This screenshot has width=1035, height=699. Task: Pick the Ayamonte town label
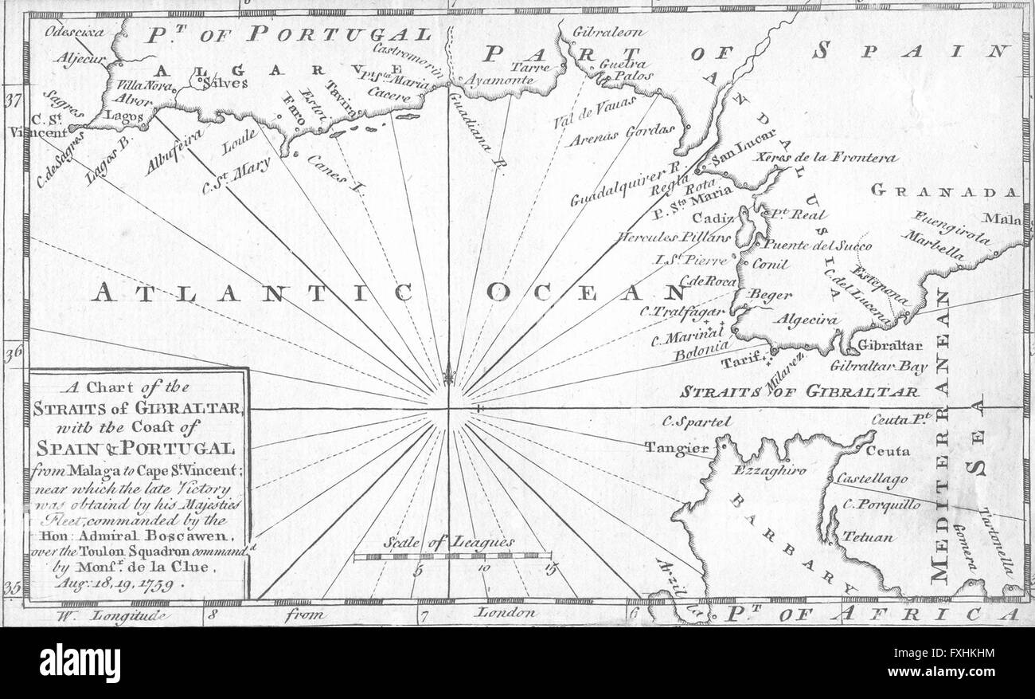498,81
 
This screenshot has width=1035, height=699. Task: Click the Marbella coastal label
932,246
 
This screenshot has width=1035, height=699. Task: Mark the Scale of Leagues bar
452,556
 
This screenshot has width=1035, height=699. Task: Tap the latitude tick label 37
12,101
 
